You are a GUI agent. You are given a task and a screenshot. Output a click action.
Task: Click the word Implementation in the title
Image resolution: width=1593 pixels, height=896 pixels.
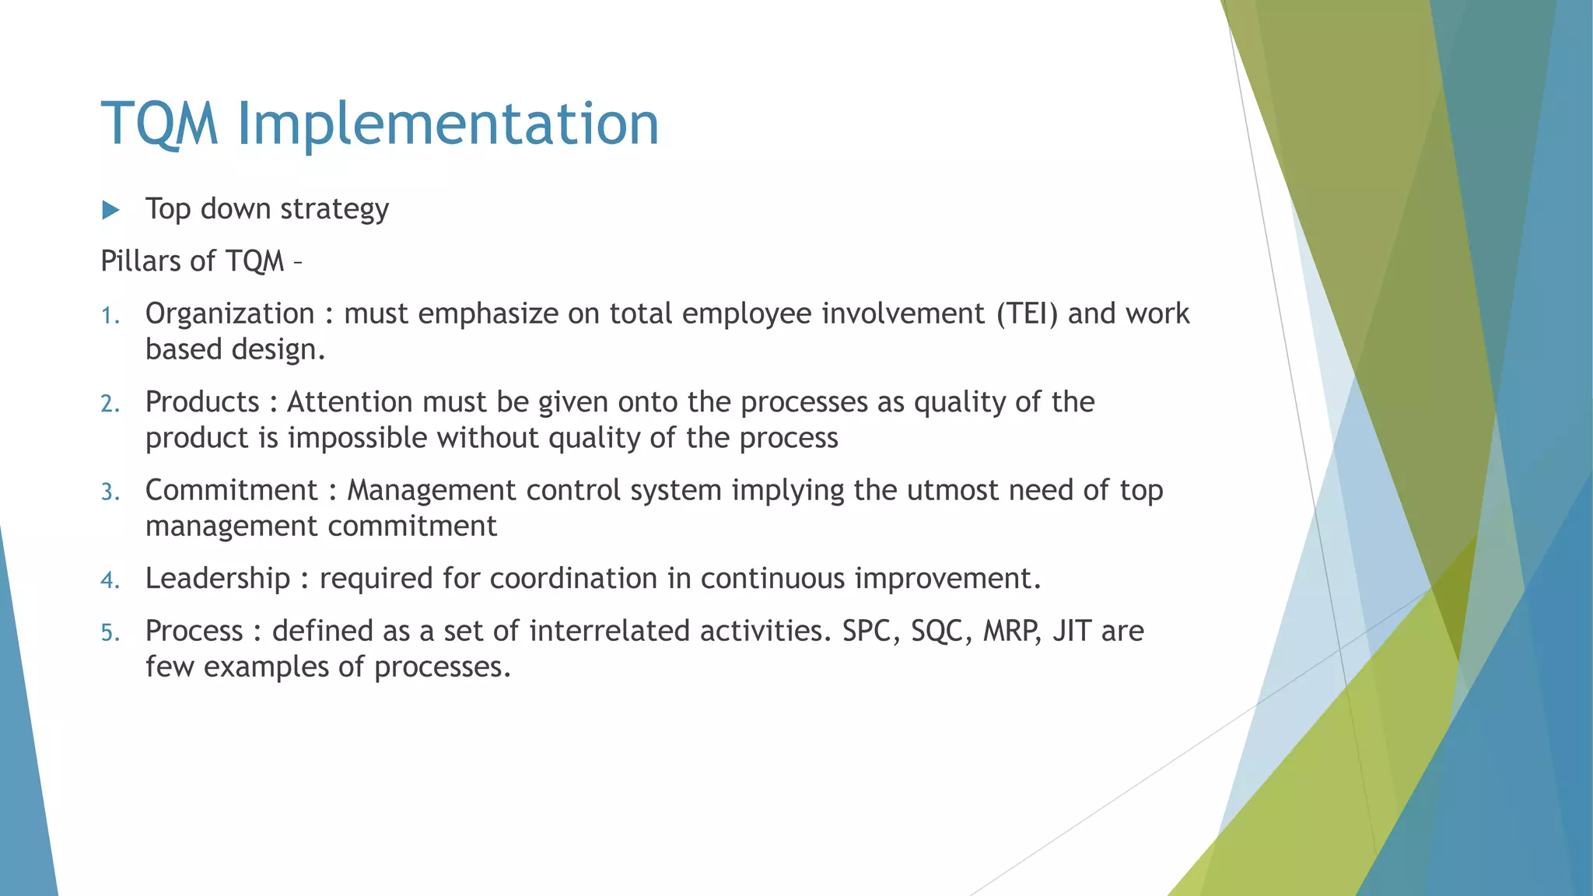click(447, 124)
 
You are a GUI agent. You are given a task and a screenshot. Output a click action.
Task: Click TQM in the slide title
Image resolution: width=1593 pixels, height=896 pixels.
click(159, 124)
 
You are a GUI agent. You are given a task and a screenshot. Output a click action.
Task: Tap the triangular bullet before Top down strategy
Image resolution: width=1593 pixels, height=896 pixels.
click(110, 210)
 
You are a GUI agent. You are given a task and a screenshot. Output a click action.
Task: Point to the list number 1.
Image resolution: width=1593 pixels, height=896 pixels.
click(110, 316)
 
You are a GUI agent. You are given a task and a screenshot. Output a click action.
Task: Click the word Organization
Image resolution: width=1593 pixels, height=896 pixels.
click(229, 313)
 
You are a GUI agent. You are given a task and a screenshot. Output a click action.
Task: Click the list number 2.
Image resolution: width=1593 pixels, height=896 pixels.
click(110, 404)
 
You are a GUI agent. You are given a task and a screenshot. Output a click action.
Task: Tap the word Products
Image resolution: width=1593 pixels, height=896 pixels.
click(202, 402)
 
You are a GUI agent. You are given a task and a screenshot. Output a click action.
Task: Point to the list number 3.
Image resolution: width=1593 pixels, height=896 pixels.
click(110, 492)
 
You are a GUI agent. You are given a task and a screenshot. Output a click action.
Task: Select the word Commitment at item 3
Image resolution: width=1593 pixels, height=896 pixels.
click(231, 490)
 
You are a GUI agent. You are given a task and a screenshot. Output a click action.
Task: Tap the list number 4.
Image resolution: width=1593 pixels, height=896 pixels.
click(110, 580)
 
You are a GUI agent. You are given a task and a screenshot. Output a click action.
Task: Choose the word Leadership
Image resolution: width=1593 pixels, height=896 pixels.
click(218, 579)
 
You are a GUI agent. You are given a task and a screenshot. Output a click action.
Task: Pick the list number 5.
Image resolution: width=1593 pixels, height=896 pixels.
click(110, 632)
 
